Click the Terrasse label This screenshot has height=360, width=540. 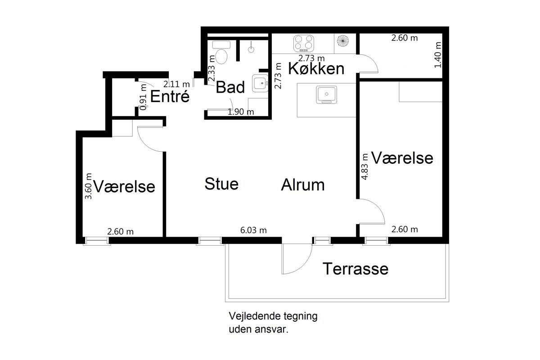pos(355,269)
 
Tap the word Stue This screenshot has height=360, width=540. pos(221,184)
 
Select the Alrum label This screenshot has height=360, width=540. pos(303,185)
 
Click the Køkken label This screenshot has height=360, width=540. pos(316,68)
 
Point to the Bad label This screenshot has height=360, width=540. pos(230,87)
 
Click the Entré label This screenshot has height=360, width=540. pos(170,96)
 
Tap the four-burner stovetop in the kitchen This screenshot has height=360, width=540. pos(304,43)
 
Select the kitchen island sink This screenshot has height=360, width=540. pos(326,95)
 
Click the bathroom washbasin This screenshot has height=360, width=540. pos(260,83)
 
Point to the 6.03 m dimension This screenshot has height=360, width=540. pos(253,230)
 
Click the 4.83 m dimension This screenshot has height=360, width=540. pos(364,166)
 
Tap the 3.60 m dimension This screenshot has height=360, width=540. pos(88,186)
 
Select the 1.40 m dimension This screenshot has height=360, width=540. pos(437,55)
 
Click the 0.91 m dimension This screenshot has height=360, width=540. pos(143,97)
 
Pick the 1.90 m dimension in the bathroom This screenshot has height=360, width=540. pos(241,112)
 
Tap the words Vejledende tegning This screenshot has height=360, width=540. pos(273,316)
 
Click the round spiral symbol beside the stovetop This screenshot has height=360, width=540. pos(343,40)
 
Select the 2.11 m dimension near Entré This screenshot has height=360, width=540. pos(176,84)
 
